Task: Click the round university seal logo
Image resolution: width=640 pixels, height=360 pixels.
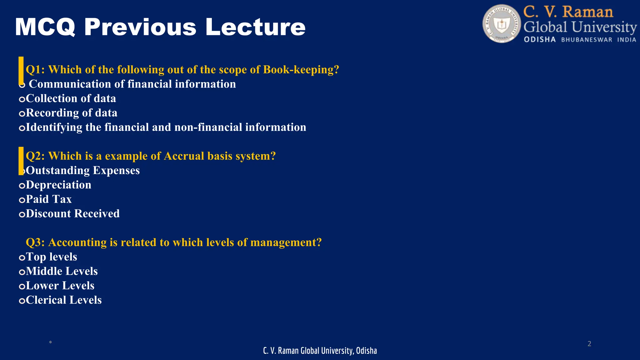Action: [502, 24]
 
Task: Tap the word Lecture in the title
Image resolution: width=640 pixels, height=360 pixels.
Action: [255, 27]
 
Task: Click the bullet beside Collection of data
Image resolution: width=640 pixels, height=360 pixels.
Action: [22, 99]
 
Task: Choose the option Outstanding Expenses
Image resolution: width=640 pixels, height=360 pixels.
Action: [83, 171]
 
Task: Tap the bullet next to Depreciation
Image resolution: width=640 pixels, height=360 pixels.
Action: [22, 186]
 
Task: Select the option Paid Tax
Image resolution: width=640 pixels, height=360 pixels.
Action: [49, 199]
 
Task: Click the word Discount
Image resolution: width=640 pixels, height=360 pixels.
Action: [48, 214]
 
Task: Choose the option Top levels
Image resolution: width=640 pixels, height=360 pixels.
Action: [51, 257]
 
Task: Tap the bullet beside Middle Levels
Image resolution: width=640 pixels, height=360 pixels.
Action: [22, 272]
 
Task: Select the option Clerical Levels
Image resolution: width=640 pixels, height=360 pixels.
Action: [64, 300]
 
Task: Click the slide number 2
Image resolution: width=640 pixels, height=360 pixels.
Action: [589, 344]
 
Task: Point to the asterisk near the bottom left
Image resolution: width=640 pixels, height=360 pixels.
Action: [50, 343]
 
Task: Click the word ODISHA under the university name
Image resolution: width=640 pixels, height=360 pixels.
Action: [540, 40]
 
